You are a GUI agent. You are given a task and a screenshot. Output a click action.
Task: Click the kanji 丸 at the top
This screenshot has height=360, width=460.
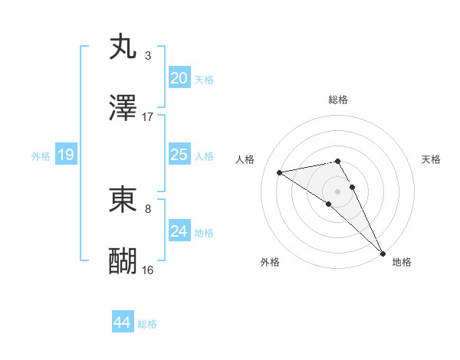pyautogui.click(x=123, y=47)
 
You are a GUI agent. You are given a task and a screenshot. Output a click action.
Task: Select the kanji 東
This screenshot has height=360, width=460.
pyautogui.click(x=123, y=199)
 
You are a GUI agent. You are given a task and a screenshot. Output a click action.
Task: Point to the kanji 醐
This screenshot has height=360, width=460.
pyautogui.click(x=123, y=260)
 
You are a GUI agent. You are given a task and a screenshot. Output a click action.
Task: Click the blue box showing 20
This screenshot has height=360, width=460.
pyautogui.click(x=179, y=78)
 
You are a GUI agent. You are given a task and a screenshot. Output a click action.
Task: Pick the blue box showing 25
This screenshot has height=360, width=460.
pyautogui.click(x=179, y=155)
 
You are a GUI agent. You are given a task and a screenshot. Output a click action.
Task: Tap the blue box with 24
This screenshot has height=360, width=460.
pyautogui.click(x=179, y=231)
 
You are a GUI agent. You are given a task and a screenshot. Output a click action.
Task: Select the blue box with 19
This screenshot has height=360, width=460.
pyautogui.click(x=65, y=155)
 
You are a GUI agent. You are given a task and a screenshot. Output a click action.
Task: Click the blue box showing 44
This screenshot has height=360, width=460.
pyautogui.click(x=123, y=322)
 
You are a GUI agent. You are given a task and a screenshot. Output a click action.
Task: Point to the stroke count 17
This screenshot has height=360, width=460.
pyautogui.click(x=148, y=117)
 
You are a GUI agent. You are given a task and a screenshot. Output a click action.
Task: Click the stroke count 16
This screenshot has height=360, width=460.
pyautogui.click(x=148, y=270)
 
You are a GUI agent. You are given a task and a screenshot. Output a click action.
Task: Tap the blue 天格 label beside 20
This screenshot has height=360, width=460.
pyautogui.click(x=204, y=80)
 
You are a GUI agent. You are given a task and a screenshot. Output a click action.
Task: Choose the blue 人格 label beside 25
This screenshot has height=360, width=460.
pyautogui.click(x=204, y=156)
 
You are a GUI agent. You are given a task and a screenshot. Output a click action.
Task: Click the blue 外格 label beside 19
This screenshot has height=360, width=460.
pyautogui.click(x=41, y=156)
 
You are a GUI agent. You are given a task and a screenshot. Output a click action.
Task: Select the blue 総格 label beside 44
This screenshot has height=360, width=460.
pyautogui.click(x=147, y=324)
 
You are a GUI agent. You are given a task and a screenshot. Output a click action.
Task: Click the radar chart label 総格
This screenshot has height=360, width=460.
pyautogui.click(x=338, y=100)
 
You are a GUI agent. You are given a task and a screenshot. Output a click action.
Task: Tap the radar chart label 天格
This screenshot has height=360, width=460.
pyautogui.click(x=432, y=159)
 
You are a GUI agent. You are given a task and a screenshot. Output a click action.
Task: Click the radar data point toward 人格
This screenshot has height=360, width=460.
pyautogui.click(x=280, y=172)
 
